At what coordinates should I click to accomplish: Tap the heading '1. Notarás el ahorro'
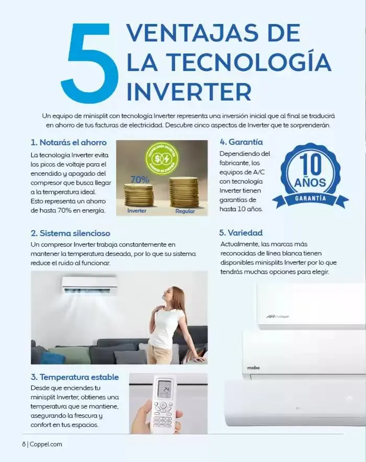pyautogui.click(x=68, y=142)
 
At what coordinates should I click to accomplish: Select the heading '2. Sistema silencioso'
pyautogui.click(x=71, y=233)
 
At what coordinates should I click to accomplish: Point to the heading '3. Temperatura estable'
pyautogui.click(x=75, y=377)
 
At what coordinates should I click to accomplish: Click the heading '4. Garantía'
pyautogui.click(x=241, y=142)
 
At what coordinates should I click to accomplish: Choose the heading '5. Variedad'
pyautogui.click(x=241, y=233)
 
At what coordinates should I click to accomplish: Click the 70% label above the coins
pyautogui.click(x=140, y=179)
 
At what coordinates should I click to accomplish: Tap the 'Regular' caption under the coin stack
pyautogui.click(x=185, y=211)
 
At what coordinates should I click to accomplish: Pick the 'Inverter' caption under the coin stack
pyautogui.click(x=138, y=211)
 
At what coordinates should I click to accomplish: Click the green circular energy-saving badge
pyautogui.click(x=162, y=159)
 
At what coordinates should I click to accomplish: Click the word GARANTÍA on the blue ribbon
pyautogui.click(x=311, y=199)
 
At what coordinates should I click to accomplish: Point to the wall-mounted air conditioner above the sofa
pyautogui.click(x=89, y=284)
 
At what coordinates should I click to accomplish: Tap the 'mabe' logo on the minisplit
pyautogui.click(x=254, y=368)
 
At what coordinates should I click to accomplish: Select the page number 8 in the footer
pyautogui.click(x=24, y=444)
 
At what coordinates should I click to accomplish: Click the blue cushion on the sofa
pyautogui.click(x=53, y=358)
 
